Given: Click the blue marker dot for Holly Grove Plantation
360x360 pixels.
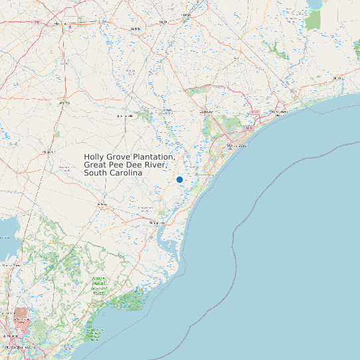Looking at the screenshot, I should click(179, 179).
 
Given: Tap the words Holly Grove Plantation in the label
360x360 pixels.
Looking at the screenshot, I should click(130, 157).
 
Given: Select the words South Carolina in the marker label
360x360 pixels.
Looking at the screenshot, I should click(113, 173).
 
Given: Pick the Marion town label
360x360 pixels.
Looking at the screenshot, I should click(136, 29).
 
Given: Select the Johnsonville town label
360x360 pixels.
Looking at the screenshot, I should click(124, 116).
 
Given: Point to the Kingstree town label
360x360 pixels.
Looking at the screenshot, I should click(48, 152).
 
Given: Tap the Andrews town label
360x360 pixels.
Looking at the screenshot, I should click(102, 204).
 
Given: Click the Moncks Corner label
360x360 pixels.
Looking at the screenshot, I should click(9, 264).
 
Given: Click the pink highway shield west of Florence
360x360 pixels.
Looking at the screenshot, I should click(39, 23).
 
